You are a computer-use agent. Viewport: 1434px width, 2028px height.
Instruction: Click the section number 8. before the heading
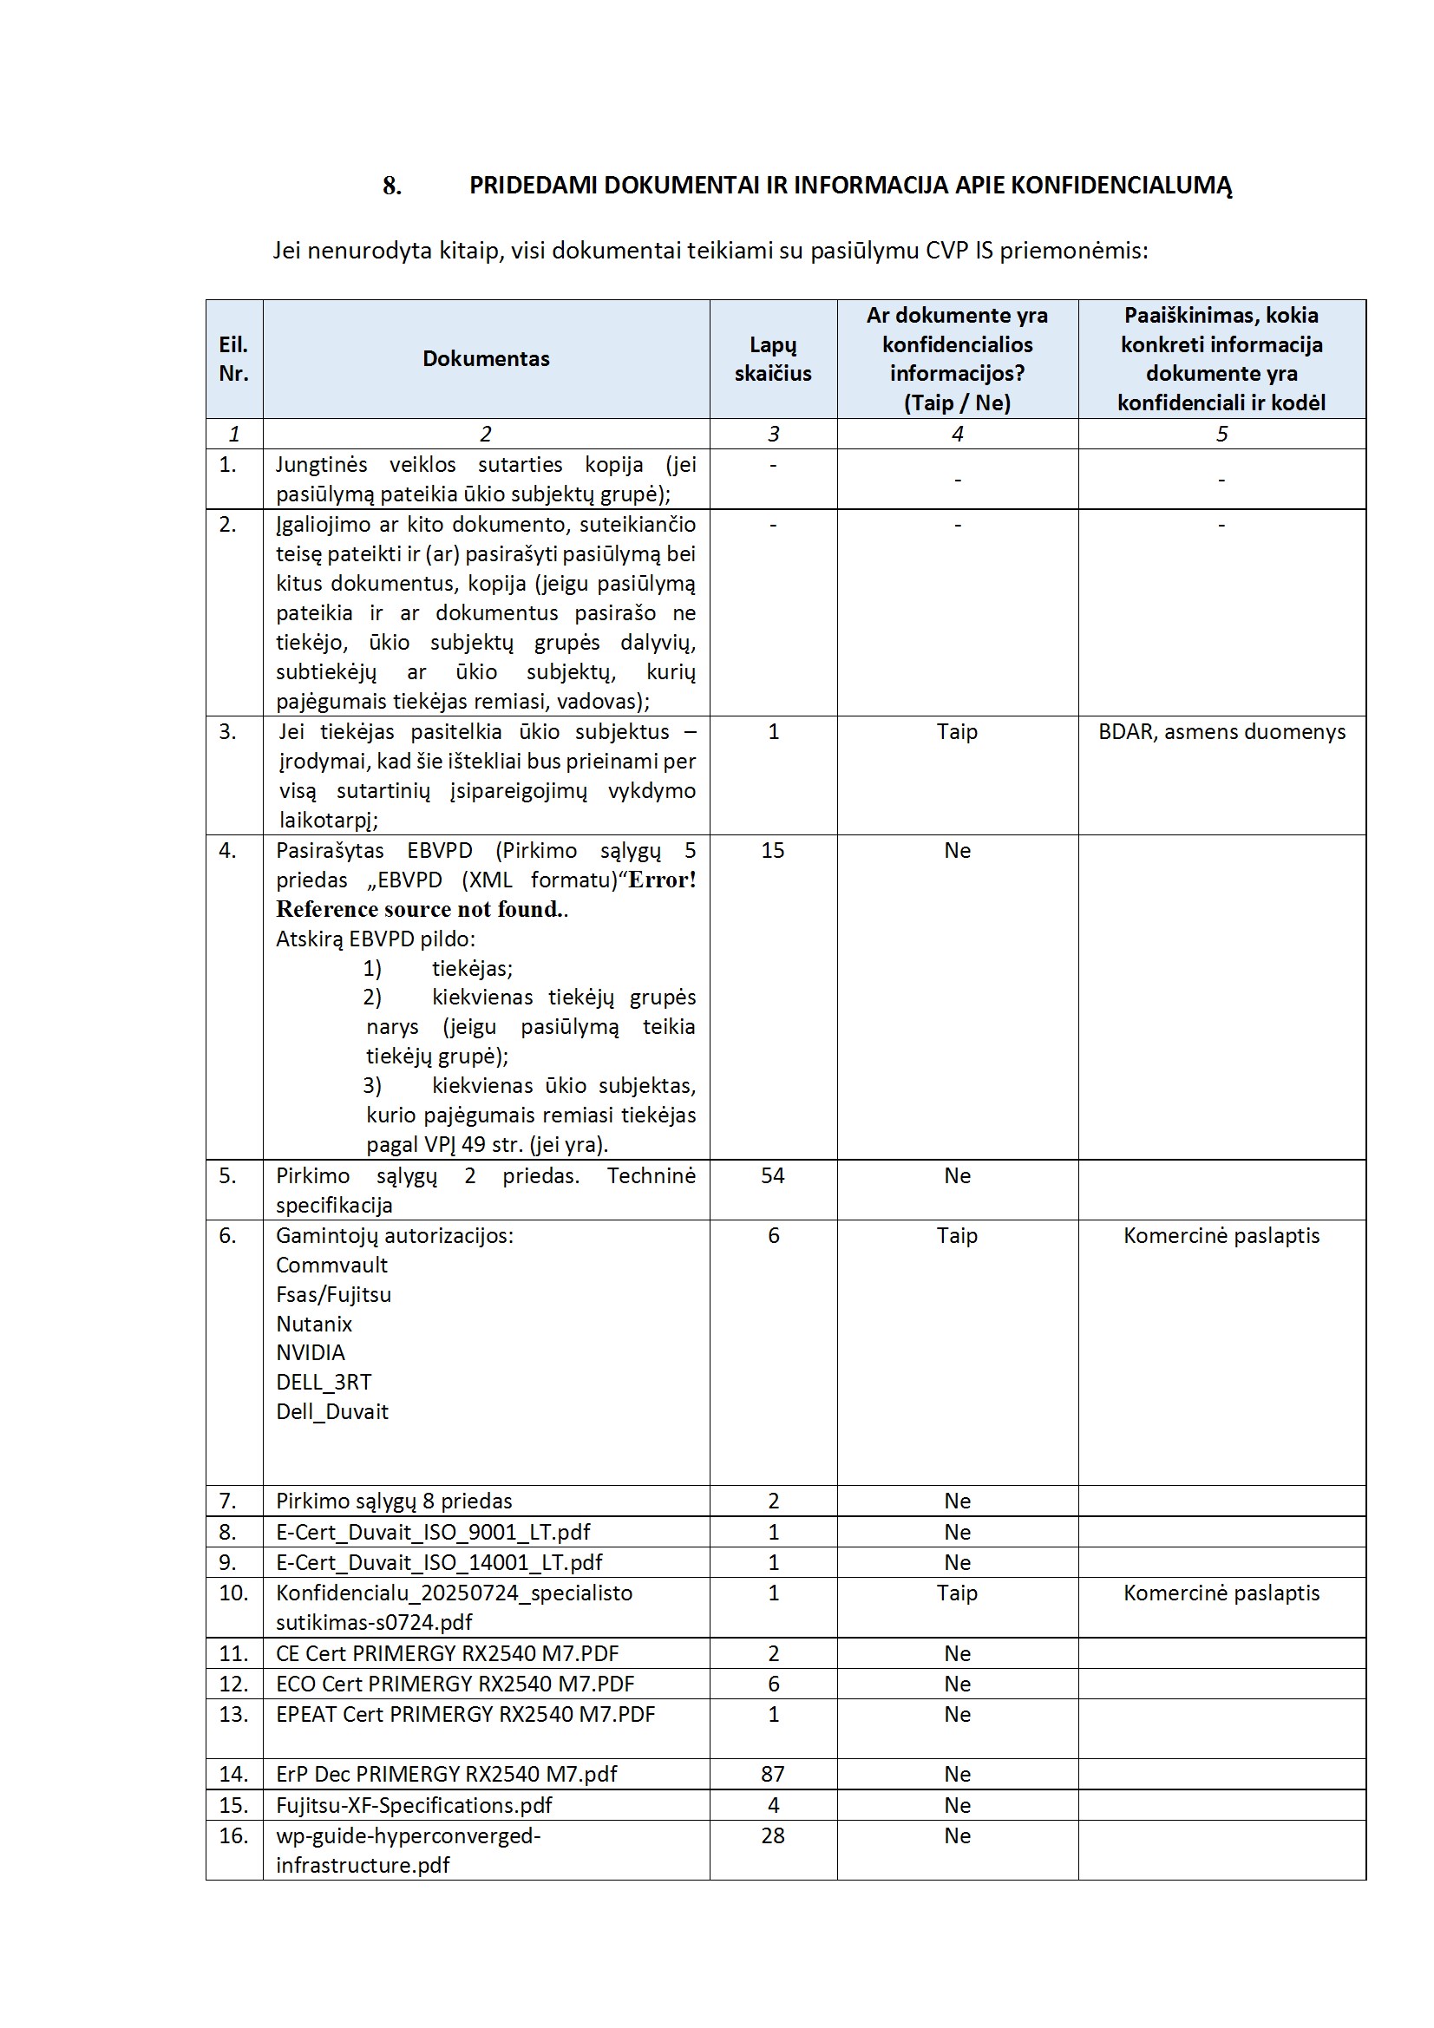pyautogui.click(x=391, y=186)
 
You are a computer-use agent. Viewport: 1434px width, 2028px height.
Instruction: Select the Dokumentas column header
pyautogui.click(x=485, y=358)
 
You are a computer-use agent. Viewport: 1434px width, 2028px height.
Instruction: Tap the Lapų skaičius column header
pyautogui.click(x=772, y=358)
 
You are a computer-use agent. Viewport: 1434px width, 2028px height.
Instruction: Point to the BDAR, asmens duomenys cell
pyautogui.click(x=1221, y=731)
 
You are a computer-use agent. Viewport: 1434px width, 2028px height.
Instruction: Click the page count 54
pyautogui.click(x=772, y=1174)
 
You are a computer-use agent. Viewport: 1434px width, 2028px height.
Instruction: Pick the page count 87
pyautogui.click(x=772, y=1774)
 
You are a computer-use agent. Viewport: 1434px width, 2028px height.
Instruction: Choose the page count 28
pyautogui.click(x=772, y=1835)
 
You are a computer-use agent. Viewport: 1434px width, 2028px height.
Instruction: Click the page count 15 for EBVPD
pyautogui.click(x=772, y=850)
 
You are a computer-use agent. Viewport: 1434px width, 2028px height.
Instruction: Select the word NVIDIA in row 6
pyautogui.click(x=310, y=1352)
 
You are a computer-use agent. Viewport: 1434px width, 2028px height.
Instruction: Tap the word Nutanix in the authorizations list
pyautogui.click(x=314, y=1323)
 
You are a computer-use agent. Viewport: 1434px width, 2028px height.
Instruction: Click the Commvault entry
pyautogui.click(x=331, y=1264)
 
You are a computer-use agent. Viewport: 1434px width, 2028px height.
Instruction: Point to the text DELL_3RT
pyautogui.click(x=324, y=1382)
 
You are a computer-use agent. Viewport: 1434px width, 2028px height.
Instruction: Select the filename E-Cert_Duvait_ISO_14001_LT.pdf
pyautogui.click(x=438, y=1561)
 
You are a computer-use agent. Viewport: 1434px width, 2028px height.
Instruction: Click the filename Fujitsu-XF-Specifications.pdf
pyautogui.click(x=414, y=1804)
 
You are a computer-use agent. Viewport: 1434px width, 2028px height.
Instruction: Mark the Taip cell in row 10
pyautogui.click(x=957, y=1593)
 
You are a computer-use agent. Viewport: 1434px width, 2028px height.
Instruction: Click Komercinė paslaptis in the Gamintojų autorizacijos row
pyautogui.click(x=1221, y=1235)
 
